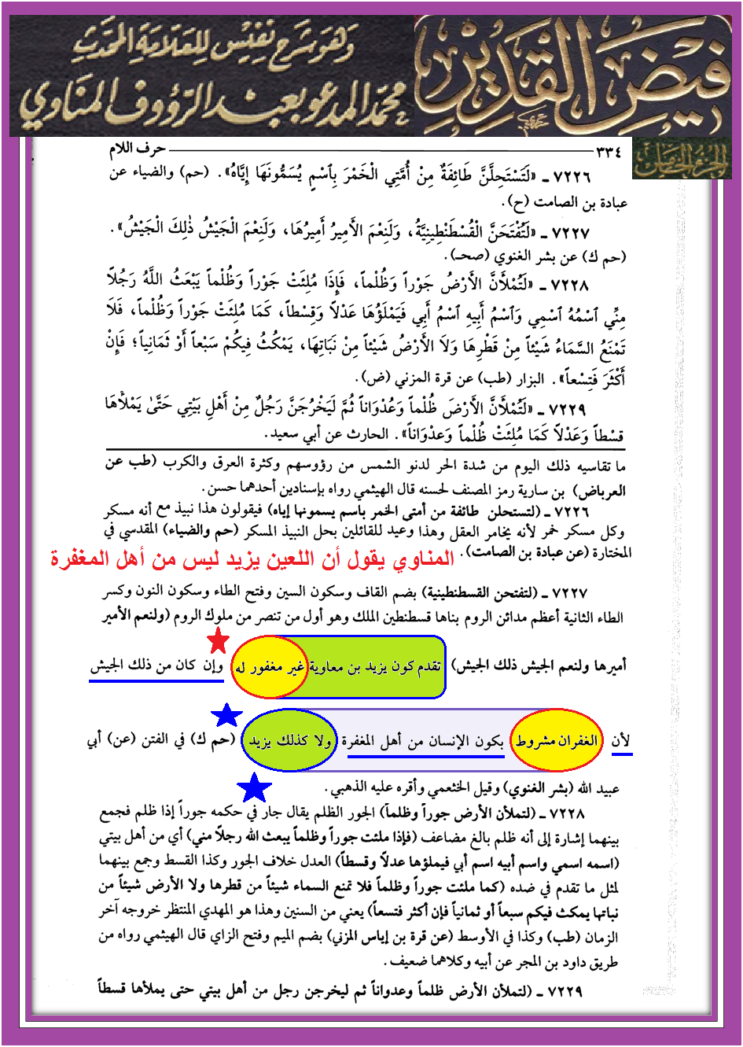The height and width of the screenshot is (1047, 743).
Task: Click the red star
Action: coord(218,641)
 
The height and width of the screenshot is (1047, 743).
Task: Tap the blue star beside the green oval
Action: coord(227,715)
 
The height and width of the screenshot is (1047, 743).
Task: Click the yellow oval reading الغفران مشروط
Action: coord(557,740)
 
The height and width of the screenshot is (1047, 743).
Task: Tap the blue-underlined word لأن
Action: coord(621,741)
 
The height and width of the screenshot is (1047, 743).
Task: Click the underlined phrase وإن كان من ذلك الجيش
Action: coord(156,666)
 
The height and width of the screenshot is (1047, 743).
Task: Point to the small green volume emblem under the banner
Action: coord(681,160)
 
